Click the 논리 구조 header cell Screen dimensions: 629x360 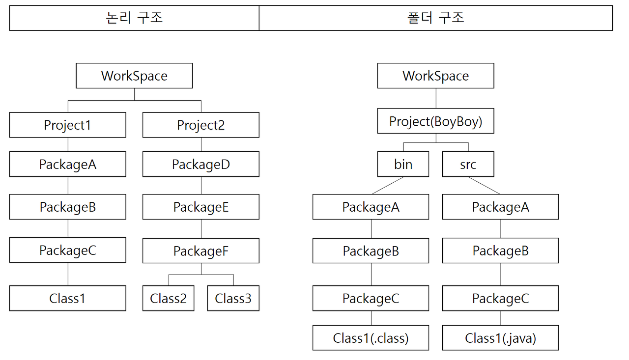(134, 18)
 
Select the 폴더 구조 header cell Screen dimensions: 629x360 (436, 18)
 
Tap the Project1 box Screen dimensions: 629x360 (68, 125)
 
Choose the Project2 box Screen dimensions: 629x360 (201, 125)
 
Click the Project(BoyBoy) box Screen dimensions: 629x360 (436, 121)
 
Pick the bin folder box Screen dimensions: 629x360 (403, 164)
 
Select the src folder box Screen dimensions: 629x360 (468, 164)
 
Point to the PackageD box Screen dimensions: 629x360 (201, 164)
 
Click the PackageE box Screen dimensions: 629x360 (201, 207)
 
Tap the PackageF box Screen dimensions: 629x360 (201, 250)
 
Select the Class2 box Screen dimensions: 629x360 (169, 298)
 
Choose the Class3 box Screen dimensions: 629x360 (233, 298)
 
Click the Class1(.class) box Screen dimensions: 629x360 (371, 338)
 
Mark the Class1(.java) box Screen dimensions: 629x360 (501, 338)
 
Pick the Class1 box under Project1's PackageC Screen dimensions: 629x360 (68, 298)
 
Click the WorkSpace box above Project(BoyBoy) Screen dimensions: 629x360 (436, 76)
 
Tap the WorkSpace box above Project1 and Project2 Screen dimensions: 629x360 (134, 76)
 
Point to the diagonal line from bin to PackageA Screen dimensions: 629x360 (388, 186)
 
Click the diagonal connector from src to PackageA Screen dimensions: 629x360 (484, 186)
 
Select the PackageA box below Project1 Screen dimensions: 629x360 (68, 164)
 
